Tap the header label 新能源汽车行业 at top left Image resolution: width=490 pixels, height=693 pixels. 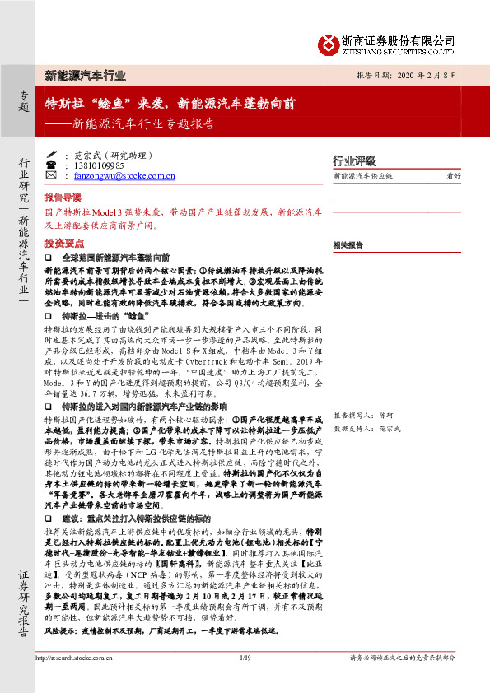pyautogui.click(x=86, y=76)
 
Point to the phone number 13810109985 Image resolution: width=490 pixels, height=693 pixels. pyautogui.click(x=98, y=165)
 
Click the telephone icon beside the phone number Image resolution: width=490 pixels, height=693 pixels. pyautogui.click(x=54, y=165)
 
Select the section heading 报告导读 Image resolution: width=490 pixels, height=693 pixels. pyautogui.click(x=63, y=198)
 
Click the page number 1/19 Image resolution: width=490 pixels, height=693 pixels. pyautogui.click(x=245, y=658)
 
